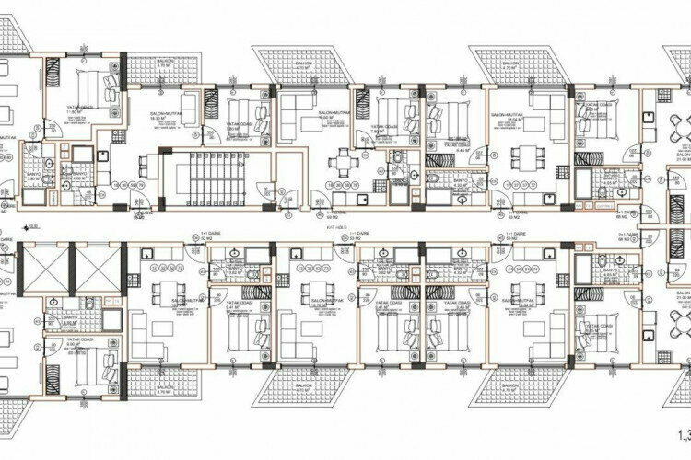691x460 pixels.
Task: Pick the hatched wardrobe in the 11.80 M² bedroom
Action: pos(53,73)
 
